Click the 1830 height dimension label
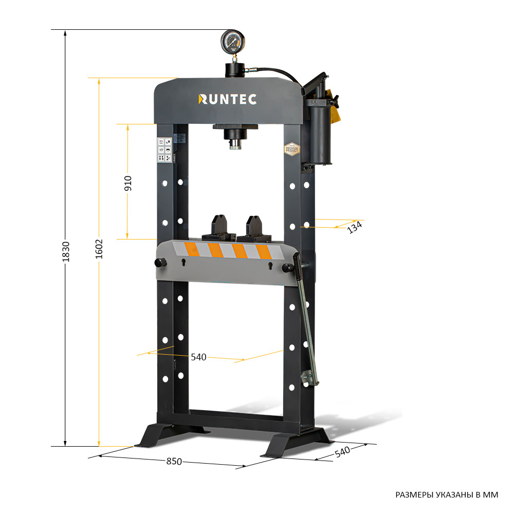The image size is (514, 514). tap(66, 252)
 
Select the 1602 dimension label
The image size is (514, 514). tap(99, 248)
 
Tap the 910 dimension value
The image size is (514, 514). tap(128, 183)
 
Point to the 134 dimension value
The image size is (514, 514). tap(355, 227)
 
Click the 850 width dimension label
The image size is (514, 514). tap(174, 461)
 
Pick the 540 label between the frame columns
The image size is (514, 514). tap(198, 357)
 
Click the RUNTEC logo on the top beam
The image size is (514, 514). tap(227, 99)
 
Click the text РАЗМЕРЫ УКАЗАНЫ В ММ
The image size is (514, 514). tap(447, 495)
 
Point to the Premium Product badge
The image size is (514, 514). tap(292, 149)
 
